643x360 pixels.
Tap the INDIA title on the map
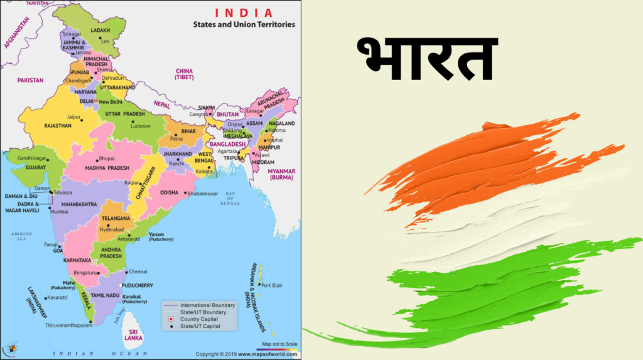(x=244, y=13)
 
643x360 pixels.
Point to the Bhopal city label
(x=106, y=159)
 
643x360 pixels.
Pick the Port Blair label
(x=272, y=285)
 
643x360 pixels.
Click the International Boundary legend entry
(x=208, y=305)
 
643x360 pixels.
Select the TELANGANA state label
(x=116, y=218)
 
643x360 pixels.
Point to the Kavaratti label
(x=57, y=297)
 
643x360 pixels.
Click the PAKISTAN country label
(x=30, y=80)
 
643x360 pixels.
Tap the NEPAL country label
(x=163, y=104)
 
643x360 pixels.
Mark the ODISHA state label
(x=169, y=192)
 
